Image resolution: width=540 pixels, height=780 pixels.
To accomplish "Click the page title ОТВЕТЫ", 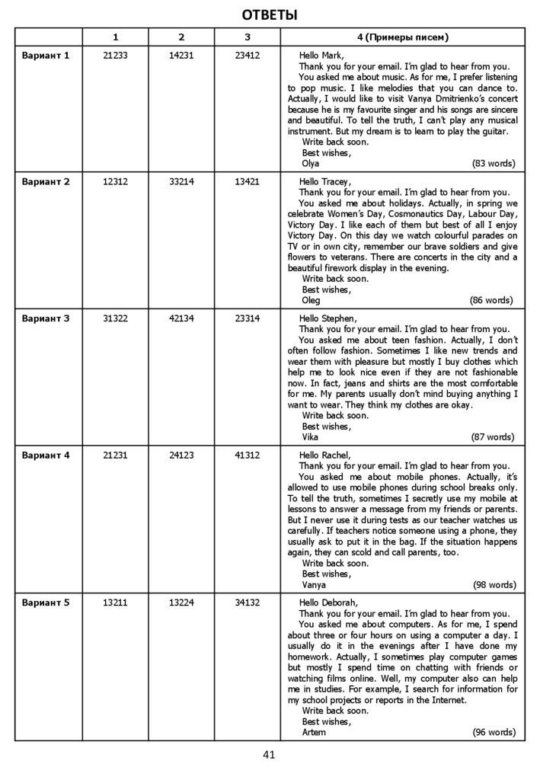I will [x=270, y=14].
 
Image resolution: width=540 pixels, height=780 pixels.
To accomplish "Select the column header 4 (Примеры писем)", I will [x=402, y=37].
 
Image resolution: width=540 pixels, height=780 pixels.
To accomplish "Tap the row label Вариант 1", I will [x=46, y=56].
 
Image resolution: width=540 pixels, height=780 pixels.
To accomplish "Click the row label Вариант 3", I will [x=46, y=318].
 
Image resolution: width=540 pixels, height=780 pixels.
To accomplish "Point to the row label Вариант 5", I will [x=46, y=603].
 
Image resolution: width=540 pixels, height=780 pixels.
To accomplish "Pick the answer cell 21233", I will [x=115, y=56].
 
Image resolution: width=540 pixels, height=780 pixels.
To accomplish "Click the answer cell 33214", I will [x=181, y=181].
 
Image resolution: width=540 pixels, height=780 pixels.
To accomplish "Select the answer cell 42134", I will [x=181, y=318].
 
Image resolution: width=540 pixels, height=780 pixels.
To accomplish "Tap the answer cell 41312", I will [x=248, y=456].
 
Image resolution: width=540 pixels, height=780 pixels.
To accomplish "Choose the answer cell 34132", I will [x=248, y=603].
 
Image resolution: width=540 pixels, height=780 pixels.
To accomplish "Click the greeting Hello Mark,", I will [x=321, y=56].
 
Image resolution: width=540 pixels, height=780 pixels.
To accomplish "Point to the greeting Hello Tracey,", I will [x=325, y=181].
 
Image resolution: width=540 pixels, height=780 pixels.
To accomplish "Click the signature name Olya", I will [x=311, y=163].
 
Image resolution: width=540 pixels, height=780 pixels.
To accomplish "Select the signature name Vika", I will [x=310, y=437].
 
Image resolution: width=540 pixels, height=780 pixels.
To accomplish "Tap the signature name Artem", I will [x=314, y=732].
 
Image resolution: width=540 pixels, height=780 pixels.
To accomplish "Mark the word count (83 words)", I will [x=493, y=163].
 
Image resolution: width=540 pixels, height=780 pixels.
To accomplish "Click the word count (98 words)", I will [x=493, y=585].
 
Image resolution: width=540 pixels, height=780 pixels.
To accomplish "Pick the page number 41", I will [x=268, y=755].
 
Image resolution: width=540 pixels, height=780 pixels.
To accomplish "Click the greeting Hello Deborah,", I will [x=328, y=603].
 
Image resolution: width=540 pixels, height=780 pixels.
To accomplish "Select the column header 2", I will [x=181, y=37].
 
